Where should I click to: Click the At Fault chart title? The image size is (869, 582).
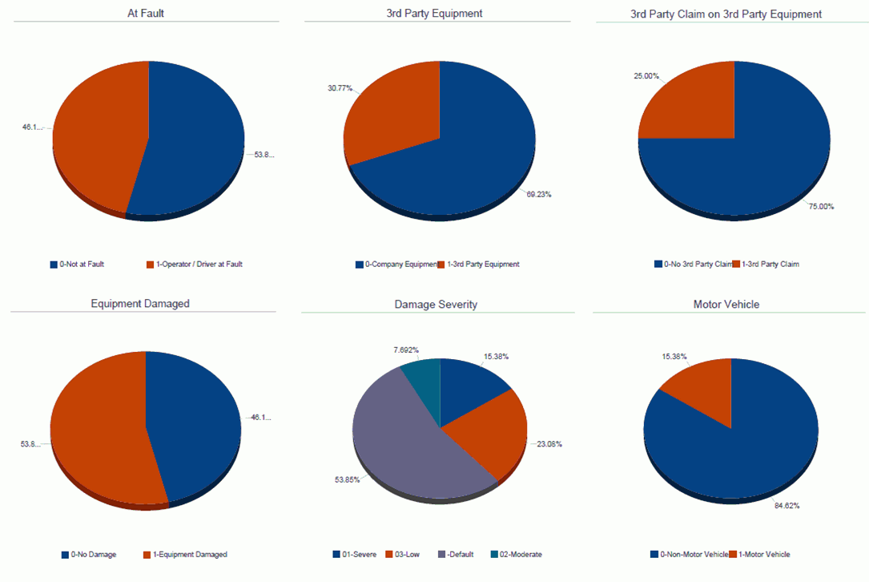[x=146, y=14]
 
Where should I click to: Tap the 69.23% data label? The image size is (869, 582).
[x=538, y=194]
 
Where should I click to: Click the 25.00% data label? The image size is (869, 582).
[x=646, y=76]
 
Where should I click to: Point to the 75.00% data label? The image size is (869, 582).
[x=821, y=206]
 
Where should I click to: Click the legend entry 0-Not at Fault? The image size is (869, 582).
[x=77, y=264]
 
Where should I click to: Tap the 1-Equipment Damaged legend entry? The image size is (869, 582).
[x=190, y=554]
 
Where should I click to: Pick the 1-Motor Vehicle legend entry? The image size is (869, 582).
[x=764, y=554]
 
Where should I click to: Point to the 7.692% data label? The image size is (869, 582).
[x=405, y=350]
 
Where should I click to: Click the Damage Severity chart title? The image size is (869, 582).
[x=436, y=305]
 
